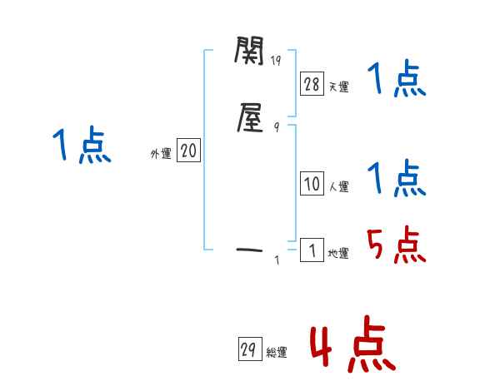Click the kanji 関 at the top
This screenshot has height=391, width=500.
tap(249, 55)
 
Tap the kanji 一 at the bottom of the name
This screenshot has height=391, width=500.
tap(249, 248)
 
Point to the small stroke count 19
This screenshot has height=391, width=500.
tap(277, 61)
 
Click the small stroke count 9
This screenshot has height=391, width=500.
tap(276, 126)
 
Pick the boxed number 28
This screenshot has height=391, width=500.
tap(311, 83)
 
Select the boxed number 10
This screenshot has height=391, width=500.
tap(311, 185)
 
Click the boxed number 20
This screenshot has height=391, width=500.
tap(188, 151)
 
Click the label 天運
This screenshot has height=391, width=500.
tap(337, 87)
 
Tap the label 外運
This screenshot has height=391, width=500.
tap(161, 154)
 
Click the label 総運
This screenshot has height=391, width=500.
tap(276, 353)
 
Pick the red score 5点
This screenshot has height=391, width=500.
tap(397, 245)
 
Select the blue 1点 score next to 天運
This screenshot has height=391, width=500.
tap(397, 81)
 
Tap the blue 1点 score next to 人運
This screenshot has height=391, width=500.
tap(397, 177)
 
